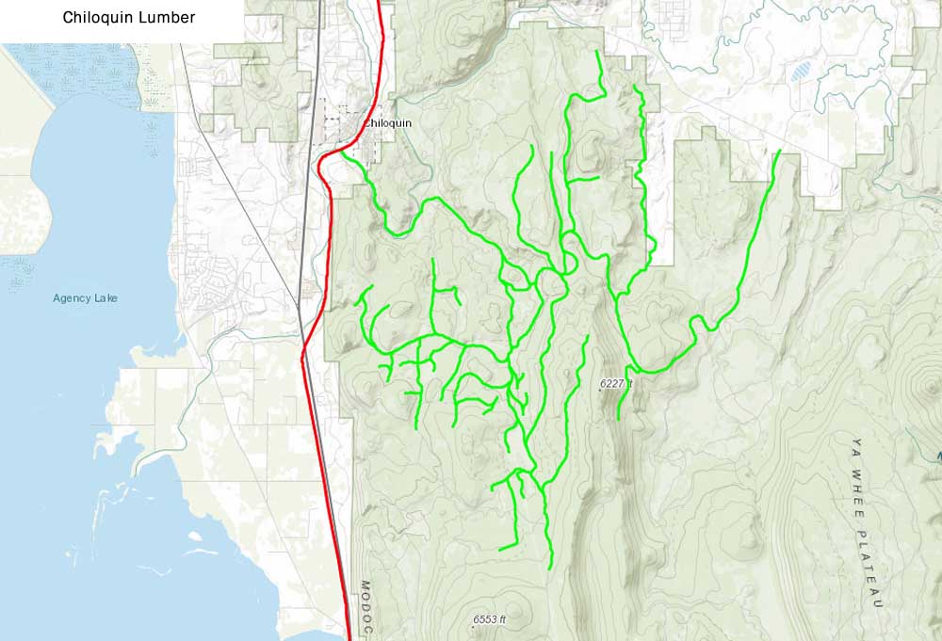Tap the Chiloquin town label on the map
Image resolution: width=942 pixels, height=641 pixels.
click(387, 123)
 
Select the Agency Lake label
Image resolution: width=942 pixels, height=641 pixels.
click(85, 298)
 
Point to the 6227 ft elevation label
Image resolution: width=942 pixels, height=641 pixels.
click(619, 384)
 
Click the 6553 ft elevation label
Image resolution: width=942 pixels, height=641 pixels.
click(490, 619)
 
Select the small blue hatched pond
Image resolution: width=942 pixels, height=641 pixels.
click(801, 71)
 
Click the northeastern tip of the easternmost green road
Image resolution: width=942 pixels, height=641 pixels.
click(779, 152)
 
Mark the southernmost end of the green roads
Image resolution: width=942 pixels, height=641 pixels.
click(549, 568)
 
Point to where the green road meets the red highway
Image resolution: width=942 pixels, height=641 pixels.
click(344, 152)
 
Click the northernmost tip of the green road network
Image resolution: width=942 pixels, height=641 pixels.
click(598, 52)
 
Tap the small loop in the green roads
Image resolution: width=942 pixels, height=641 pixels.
click(552, 282)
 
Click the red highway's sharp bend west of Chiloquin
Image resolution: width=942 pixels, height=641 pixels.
click(320, 169)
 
